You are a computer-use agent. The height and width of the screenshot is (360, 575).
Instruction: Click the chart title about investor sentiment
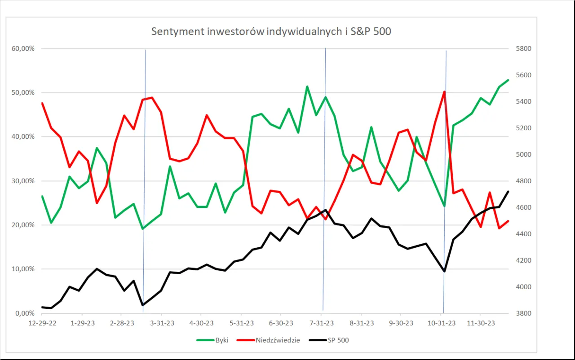[x=271, y=31]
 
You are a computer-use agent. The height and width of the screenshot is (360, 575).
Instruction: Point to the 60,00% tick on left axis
[x=23, y=48]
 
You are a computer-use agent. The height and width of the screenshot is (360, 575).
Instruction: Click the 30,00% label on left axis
[x=23, y=181]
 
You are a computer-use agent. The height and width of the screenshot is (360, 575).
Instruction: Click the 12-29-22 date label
[x=42, y=324]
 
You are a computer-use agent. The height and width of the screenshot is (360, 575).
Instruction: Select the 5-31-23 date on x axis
[x=241, y=324]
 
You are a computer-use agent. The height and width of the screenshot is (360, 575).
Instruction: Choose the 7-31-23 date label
[x=322, y=324]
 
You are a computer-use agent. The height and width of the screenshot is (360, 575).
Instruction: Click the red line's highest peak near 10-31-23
[x=444, y=92]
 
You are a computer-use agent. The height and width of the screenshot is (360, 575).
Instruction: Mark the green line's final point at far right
[x=508, y=80]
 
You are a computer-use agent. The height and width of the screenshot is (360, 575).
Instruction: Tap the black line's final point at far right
[x=508, y=192]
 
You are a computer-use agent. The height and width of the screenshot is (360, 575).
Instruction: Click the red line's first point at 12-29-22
[x=42, y=103]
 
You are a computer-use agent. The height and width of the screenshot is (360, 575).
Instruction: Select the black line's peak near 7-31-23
[x=325, y=210]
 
